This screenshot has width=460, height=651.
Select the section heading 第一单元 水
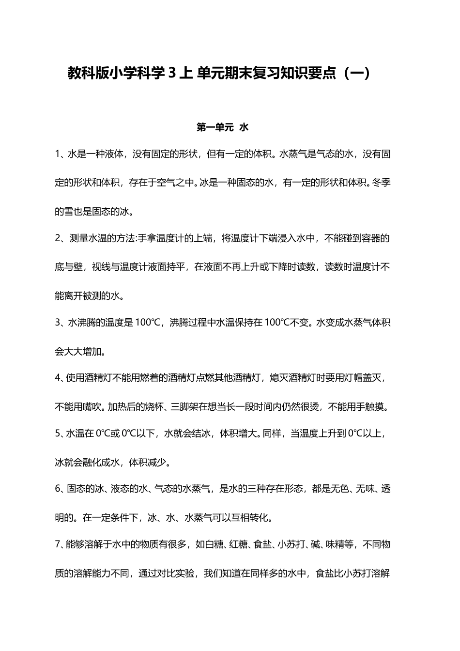coord(222,127)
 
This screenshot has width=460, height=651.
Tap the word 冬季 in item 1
coord(381,183)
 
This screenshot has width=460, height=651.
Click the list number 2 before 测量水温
coord(58,239)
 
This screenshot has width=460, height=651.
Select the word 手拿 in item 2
coord(147,239)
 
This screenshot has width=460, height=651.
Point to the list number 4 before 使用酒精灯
coord(58,378)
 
